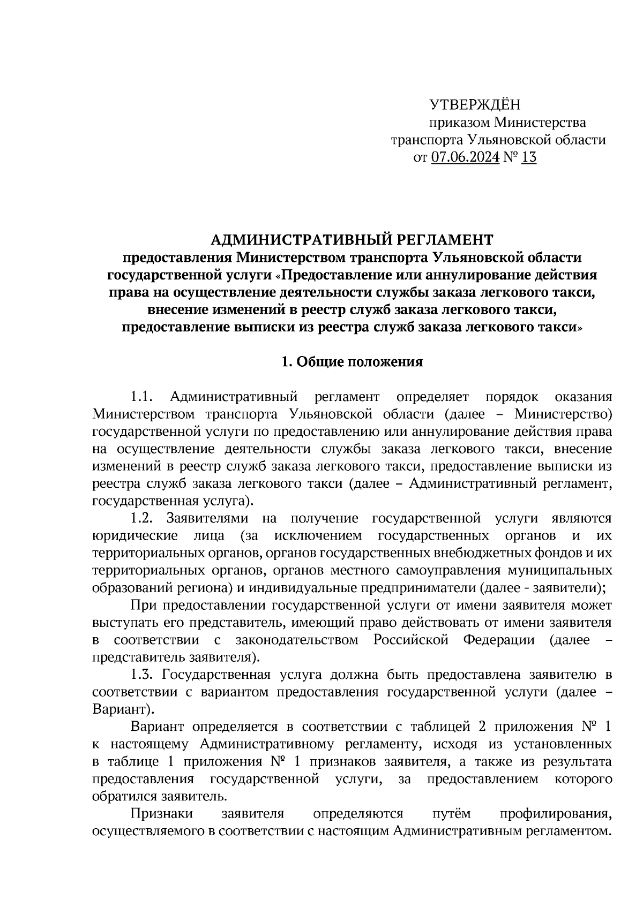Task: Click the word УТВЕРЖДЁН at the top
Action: coord(475,104)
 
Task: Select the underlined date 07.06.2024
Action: coord(465,157)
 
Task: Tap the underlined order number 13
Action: coord(528,157)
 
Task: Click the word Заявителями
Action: coord(207,518)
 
